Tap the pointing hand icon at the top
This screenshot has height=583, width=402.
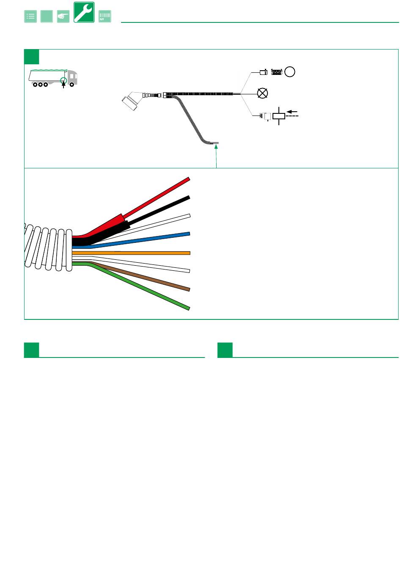(x=63, y=16)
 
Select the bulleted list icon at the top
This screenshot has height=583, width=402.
(x=30, y=16)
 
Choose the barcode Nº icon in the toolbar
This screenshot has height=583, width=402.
(x=105, y=16)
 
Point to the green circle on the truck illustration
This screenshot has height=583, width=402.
(x=64, y=80)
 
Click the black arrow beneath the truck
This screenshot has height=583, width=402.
(x=63, y=86)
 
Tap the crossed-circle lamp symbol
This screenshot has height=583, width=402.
(x=262, y=93)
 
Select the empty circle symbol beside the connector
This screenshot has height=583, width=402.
(x=289, y=72)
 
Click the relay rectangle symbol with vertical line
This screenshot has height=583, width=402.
(x=279, y=116)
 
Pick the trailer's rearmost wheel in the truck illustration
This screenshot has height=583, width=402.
(x=35, y=84)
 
